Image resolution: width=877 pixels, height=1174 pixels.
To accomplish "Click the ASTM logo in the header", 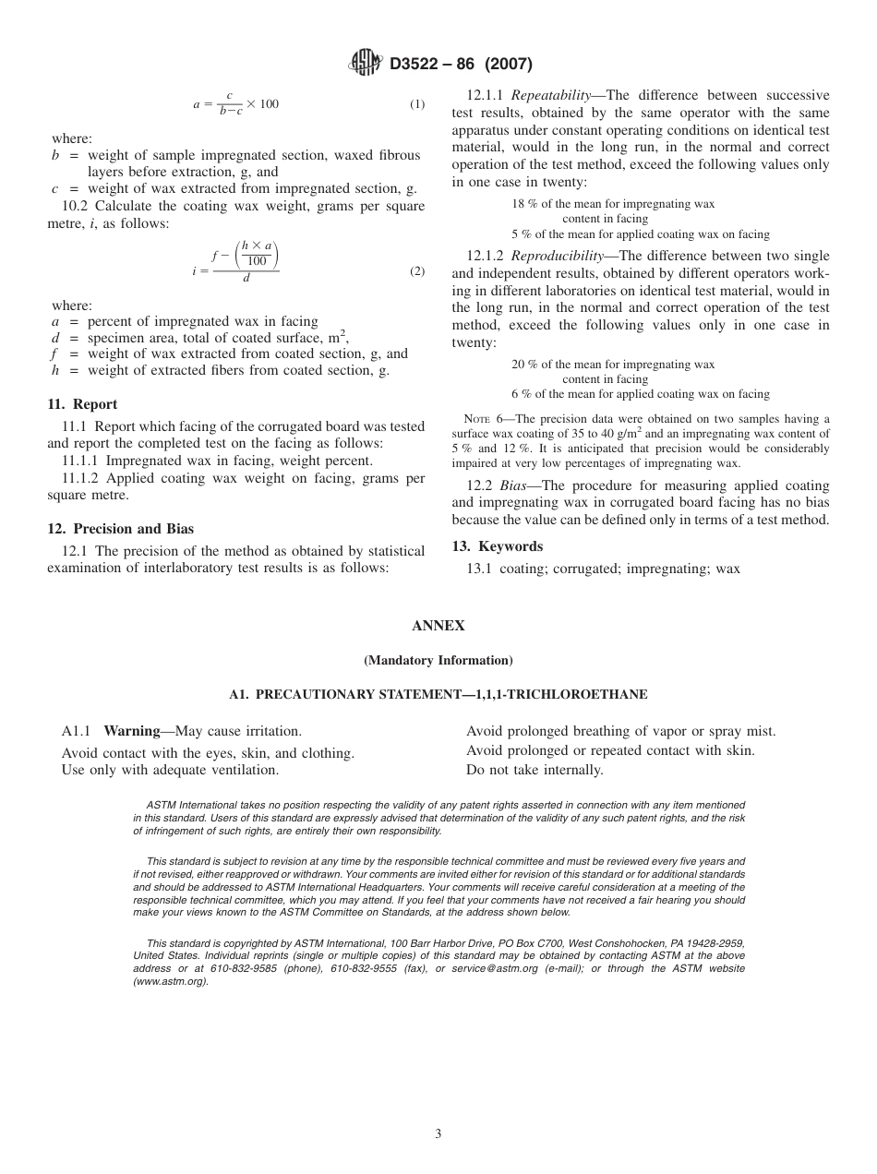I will point(366,64).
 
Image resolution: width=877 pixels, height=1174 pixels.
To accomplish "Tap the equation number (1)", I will point(417,104).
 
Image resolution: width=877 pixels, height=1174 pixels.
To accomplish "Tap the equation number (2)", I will point(417,271).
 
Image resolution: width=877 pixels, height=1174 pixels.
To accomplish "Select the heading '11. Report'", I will point(82,404).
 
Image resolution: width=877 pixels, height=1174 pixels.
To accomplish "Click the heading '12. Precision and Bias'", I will point(121,529).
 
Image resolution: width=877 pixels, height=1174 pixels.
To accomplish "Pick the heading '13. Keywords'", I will point(497,546).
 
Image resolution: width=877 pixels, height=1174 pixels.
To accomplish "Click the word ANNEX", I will point(438,626).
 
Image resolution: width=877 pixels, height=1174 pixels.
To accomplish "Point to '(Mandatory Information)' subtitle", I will point(438,660).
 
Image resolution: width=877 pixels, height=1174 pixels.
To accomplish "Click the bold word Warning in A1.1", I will point(131,731).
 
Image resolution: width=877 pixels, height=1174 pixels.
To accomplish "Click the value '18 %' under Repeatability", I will point(524,203).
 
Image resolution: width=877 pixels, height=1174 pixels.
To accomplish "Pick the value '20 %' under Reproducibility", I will point(524,364).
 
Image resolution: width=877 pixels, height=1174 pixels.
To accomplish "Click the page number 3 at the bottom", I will point(438,1133).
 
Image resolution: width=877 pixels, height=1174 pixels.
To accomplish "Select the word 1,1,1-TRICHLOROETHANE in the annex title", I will point(572,694).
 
